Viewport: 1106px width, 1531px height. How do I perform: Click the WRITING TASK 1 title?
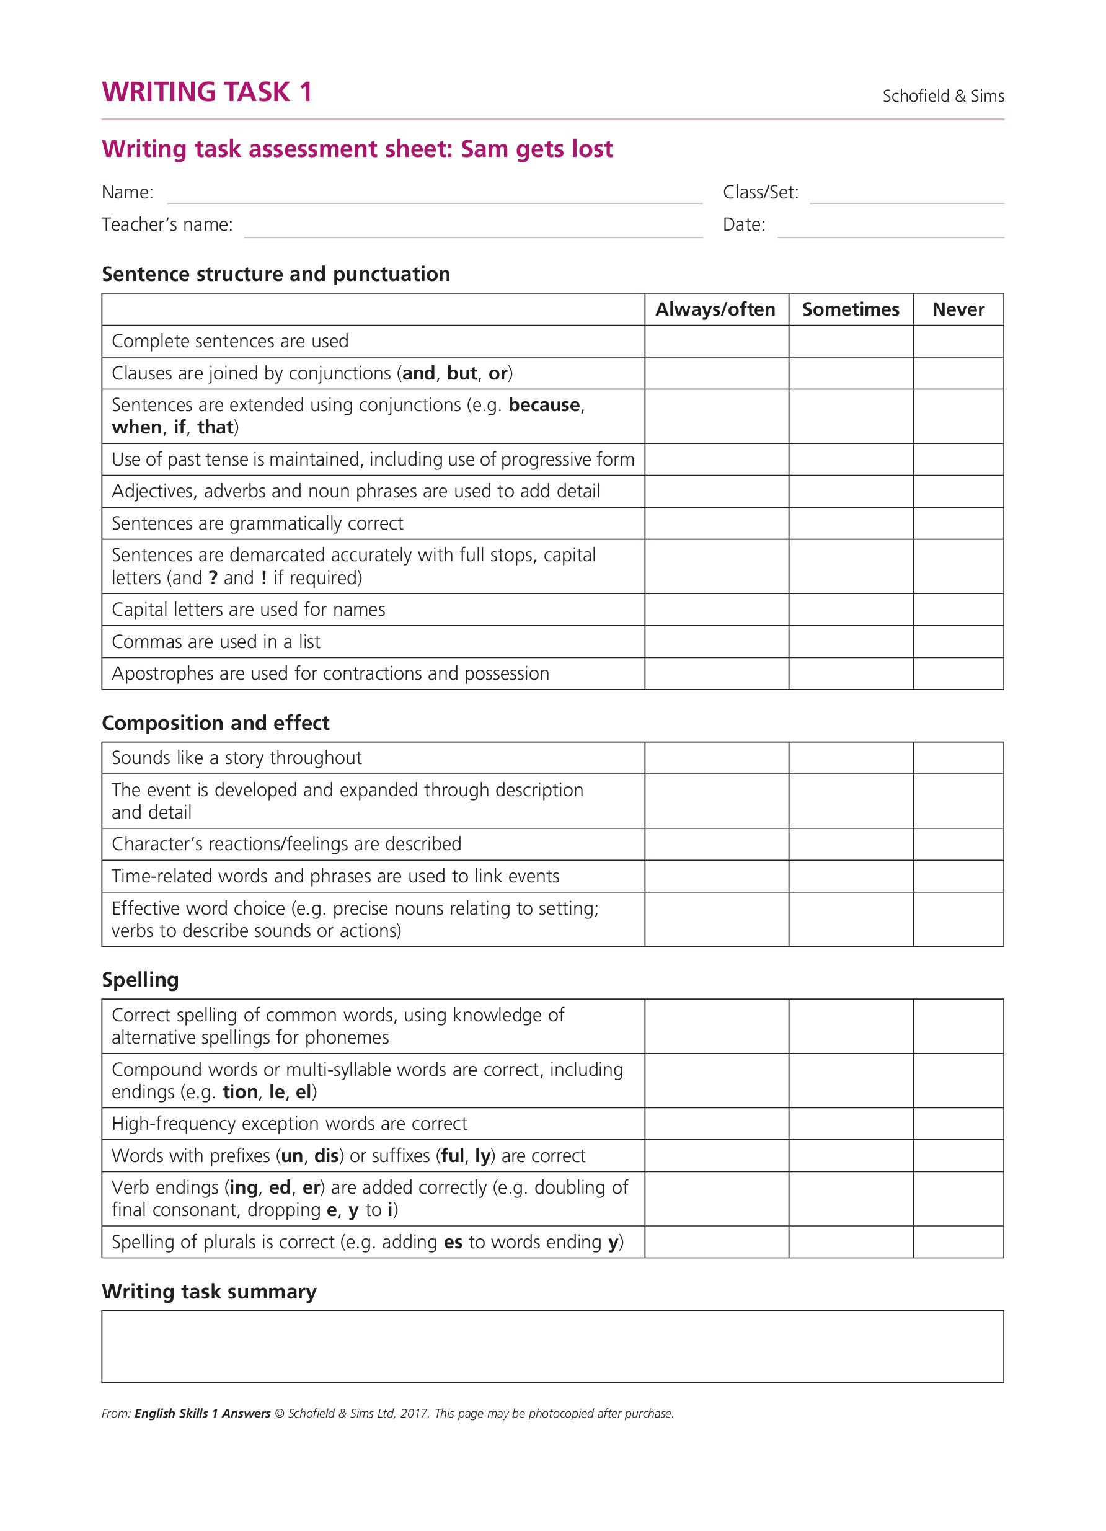[x=206, y=92]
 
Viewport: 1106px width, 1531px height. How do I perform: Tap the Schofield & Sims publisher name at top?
[x=943, y=96]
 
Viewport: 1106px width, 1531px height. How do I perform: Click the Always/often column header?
[x=715, y=309]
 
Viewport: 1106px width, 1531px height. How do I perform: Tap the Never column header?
[x=958, y=309]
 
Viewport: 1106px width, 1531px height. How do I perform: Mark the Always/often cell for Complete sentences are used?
[x=716, y=341]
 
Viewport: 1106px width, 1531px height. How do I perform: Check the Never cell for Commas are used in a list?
[x=958, y=641]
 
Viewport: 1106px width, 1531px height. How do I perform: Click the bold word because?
[x=544, y=405]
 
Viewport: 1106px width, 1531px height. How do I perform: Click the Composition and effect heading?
[x=215, y=723]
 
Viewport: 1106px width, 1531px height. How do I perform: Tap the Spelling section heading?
[x=140, y=980]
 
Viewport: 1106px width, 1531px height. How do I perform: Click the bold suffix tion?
[x=240, y=1092]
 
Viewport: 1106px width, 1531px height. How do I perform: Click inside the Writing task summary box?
[x=552, y=1346]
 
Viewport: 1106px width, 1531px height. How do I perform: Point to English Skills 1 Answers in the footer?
[x=203, y=1414]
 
